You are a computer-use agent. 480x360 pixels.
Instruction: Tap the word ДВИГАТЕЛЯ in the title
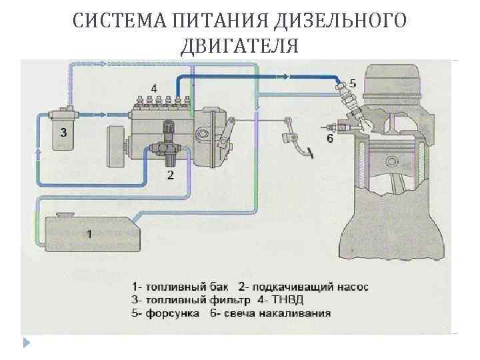[239, 46]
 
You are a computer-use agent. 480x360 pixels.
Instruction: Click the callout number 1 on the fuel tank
[89, 233]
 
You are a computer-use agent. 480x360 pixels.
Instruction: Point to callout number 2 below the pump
[171, 176]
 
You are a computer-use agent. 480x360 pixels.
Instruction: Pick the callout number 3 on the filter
[63, 133]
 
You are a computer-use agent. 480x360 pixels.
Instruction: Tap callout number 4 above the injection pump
[154, 88]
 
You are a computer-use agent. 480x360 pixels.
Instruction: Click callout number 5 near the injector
[353, 83]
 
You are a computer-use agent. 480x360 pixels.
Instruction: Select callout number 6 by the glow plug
[329, 139]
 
